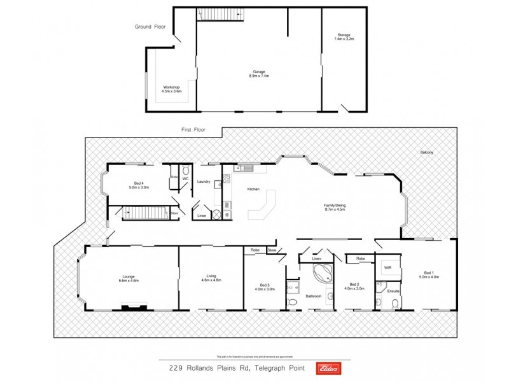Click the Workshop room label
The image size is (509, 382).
coord(171,89)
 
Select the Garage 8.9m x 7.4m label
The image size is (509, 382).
coord(259,74)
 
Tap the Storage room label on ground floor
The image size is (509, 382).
coord(344,37)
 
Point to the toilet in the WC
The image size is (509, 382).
coord(185,171)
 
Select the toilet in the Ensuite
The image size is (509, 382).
coord(395,303)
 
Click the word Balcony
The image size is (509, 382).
coord(427,153)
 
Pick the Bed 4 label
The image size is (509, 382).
coord(139,185)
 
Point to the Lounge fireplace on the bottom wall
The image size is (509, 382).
coord(134,307)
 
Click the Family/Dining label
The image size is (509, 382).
coord(334,208)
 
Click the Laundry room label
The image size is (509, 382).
coord(204,181)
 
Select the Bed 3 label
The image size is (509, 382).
coord(265,287)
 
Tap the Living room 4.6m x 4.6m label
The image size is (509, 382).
coord(211,278)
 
